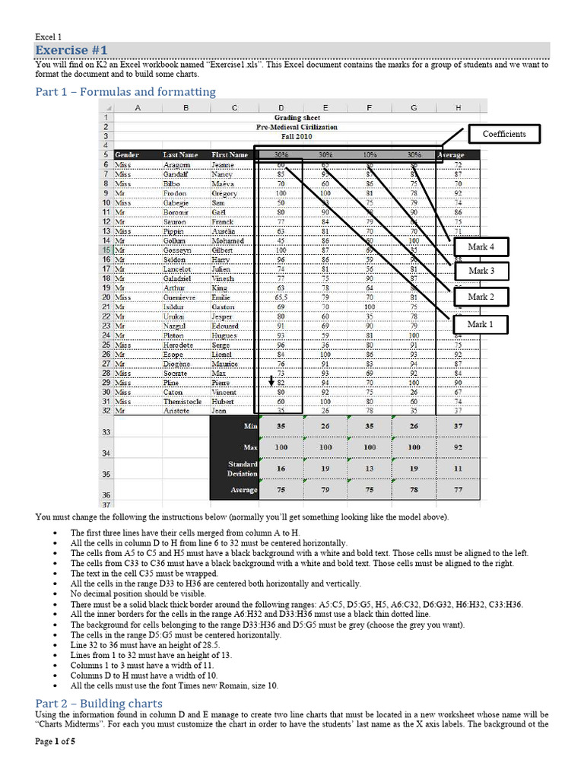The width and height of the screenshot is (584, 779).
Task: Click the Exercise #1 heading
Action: [68, 51]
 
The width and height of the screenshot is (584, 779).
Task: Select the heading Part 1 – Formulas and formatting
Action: [125, 92]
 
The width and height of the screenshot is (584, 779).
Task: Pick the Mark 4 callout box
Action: [481, 247]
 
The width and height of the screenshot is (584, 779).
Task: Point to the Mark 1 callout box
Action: [481, 324]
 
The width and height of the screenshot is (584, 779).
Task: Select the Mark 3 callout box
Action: [481, 271]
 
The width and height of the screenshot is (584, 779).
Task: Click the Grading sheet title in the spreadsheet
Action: [297, 118]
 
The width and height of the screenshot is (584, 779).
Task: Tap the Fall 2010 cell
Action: [297, 136]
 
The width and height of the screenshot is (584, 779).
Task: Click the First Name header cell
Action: [230, 154]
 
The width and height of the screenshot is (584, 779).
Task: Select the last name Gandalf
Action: [177, 173]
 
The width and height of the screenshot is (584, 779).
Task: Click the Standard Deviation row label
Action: [243, 468]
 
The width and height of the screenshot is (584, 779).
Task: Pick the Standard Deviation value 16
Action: [281, 469]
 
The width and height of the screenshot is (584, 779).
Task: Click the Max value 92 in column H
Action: [459, 447]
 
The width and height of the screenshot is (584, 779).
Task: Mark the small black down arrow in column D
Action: [271, 380]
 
